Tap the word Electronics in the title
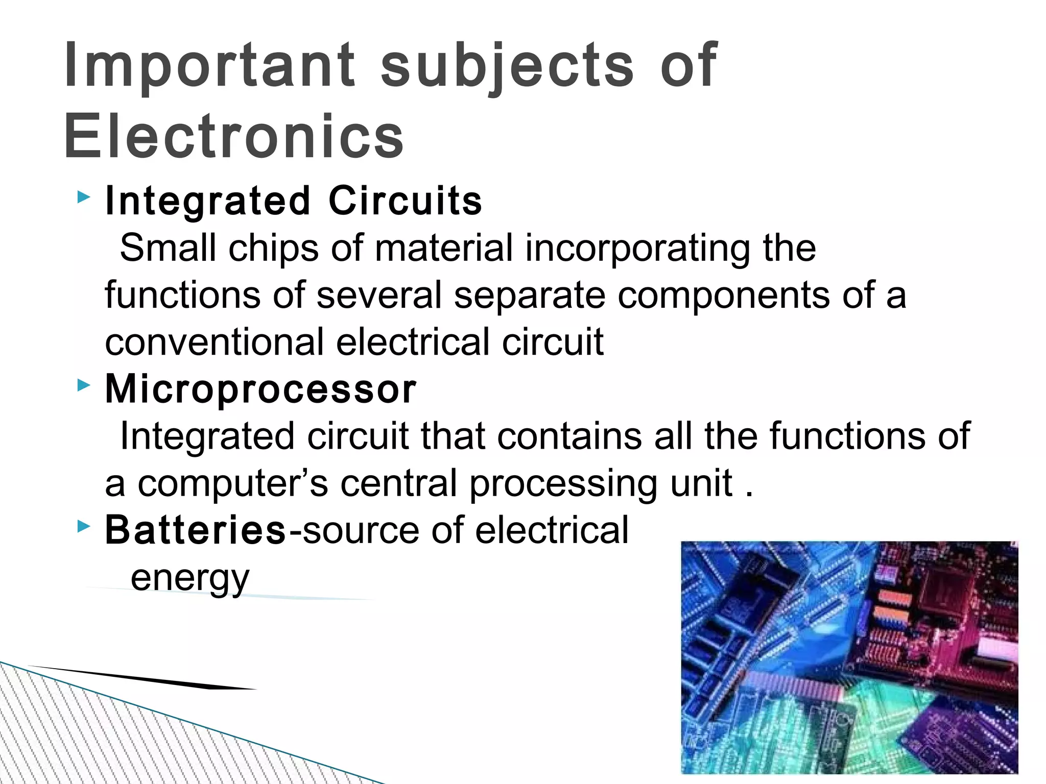tap(233, 137)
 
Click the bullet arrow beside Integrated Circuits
tap(83, 197)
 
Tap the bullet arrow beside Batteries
tap(83, 526)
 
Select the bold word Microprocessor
tap(260, 389)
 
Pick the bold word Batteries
tap(195, 530)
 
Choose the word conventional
tap(214, 342)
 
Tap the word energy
tap(190, 578)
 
